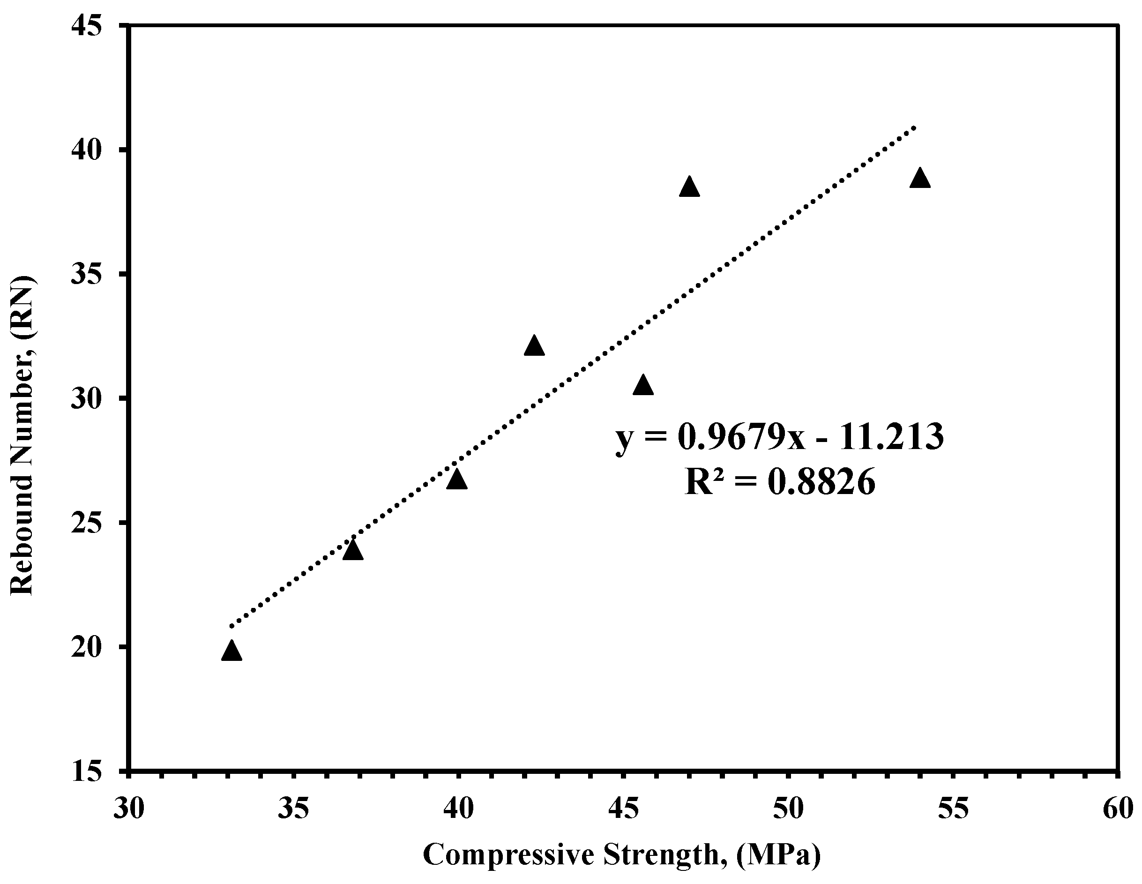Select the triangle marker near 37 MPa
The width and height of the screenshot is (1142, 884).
click(353, 550)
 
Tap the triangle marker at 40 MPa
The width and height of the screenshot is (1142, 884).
click(457, 479)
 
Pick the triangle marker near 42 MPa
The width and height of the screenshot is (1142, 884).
click(534, 346)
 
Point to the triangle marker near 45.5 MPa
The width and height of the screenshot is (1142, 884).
click(642, 385)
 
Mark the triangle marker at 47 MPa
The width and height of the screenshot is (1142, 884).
click(689, 187)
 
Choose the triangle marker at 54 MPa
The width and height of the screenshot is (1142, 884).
click(920, 179)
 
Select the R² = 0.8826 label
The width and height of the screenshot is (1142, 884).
click(780, 482)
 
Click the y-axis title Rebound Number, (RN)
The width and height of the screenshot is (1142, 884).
click(23, 435)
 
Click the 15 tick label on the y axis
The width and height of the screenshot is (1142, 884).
click(86, 771)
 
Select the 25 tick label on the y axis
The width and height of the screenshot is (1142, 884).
click(86, 523)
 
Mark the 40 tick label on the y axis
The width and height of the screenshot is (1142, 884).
click(86, 150)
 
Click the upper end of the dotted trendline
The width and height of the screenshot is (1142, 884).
click(914, 127)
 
